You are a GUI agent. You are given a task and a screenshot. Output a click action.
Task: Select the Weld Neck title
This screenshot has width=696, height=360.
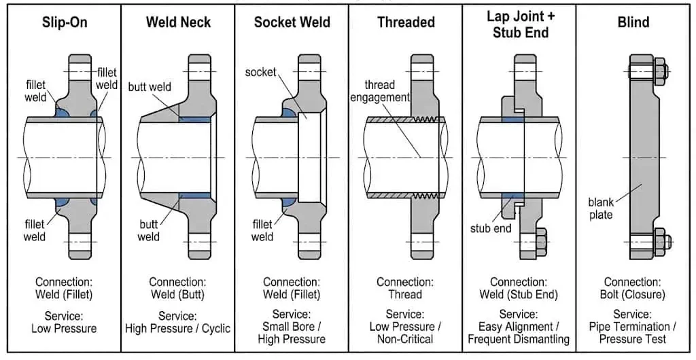(x=177, y=22)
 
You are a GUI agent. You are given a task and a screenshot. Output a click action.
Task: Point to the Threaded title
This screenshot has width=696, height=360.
(x=406, y=22)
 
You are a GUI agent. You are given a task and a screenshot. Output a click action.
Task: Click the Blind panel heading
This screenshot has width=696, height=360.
(x=633, y=22)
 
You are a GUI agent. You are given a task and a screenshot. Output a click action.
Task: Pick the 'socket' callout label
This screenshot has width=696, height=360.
(x=260, y=72)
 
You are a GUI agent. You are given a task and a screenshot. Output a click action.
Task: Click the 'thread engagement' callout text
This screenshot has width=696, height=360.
(x=379, y=91)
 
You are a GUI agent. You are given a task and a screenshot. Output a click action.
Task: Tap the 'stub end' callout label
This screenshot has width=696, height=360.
(x=491, y=228)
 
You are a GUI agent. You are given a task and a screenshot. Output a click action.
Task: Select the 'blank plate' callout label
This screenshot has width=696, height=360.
(x=601, y=209)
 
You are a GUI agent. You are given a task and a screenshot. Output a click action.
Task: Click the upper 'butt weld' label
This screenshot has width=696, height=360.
(x=150, y=87)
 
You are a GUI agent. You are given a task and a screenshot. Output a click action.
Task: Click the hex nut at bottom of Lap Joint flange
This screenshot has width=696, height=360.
(x=543, y=240)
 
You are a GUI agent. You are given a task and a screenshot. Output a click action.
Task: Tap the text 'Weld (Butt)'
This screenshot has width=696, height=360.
(x=177, y=294)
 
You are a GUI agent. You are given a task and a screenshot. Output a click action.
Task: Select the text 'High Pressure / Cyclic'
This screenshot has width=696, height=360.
(x=177, y=328)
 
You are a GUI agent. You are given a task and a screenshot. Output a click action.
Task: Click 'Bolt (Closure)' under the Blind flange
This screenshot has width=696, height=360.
(x=633, y=294)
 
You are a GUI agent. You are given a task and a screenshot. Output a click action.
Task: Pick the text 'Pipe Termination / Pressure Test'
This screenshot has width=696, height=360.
(x=633, y=333)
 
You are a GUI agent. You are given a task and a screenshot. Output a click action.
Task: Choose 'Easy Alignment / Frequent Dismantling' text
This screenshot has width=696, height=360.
(x=519, y=333)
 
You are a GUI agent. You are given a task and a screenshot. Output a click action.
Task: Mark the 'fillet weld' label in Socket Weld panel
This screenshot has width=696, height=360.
(x=262, y=230)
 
